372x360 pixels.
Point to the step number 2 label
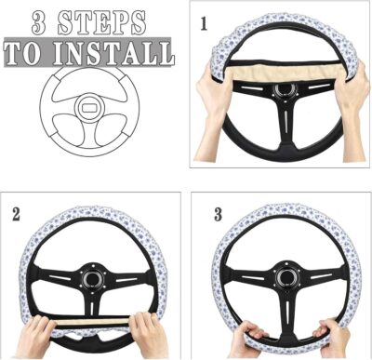tap(16, 213)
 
